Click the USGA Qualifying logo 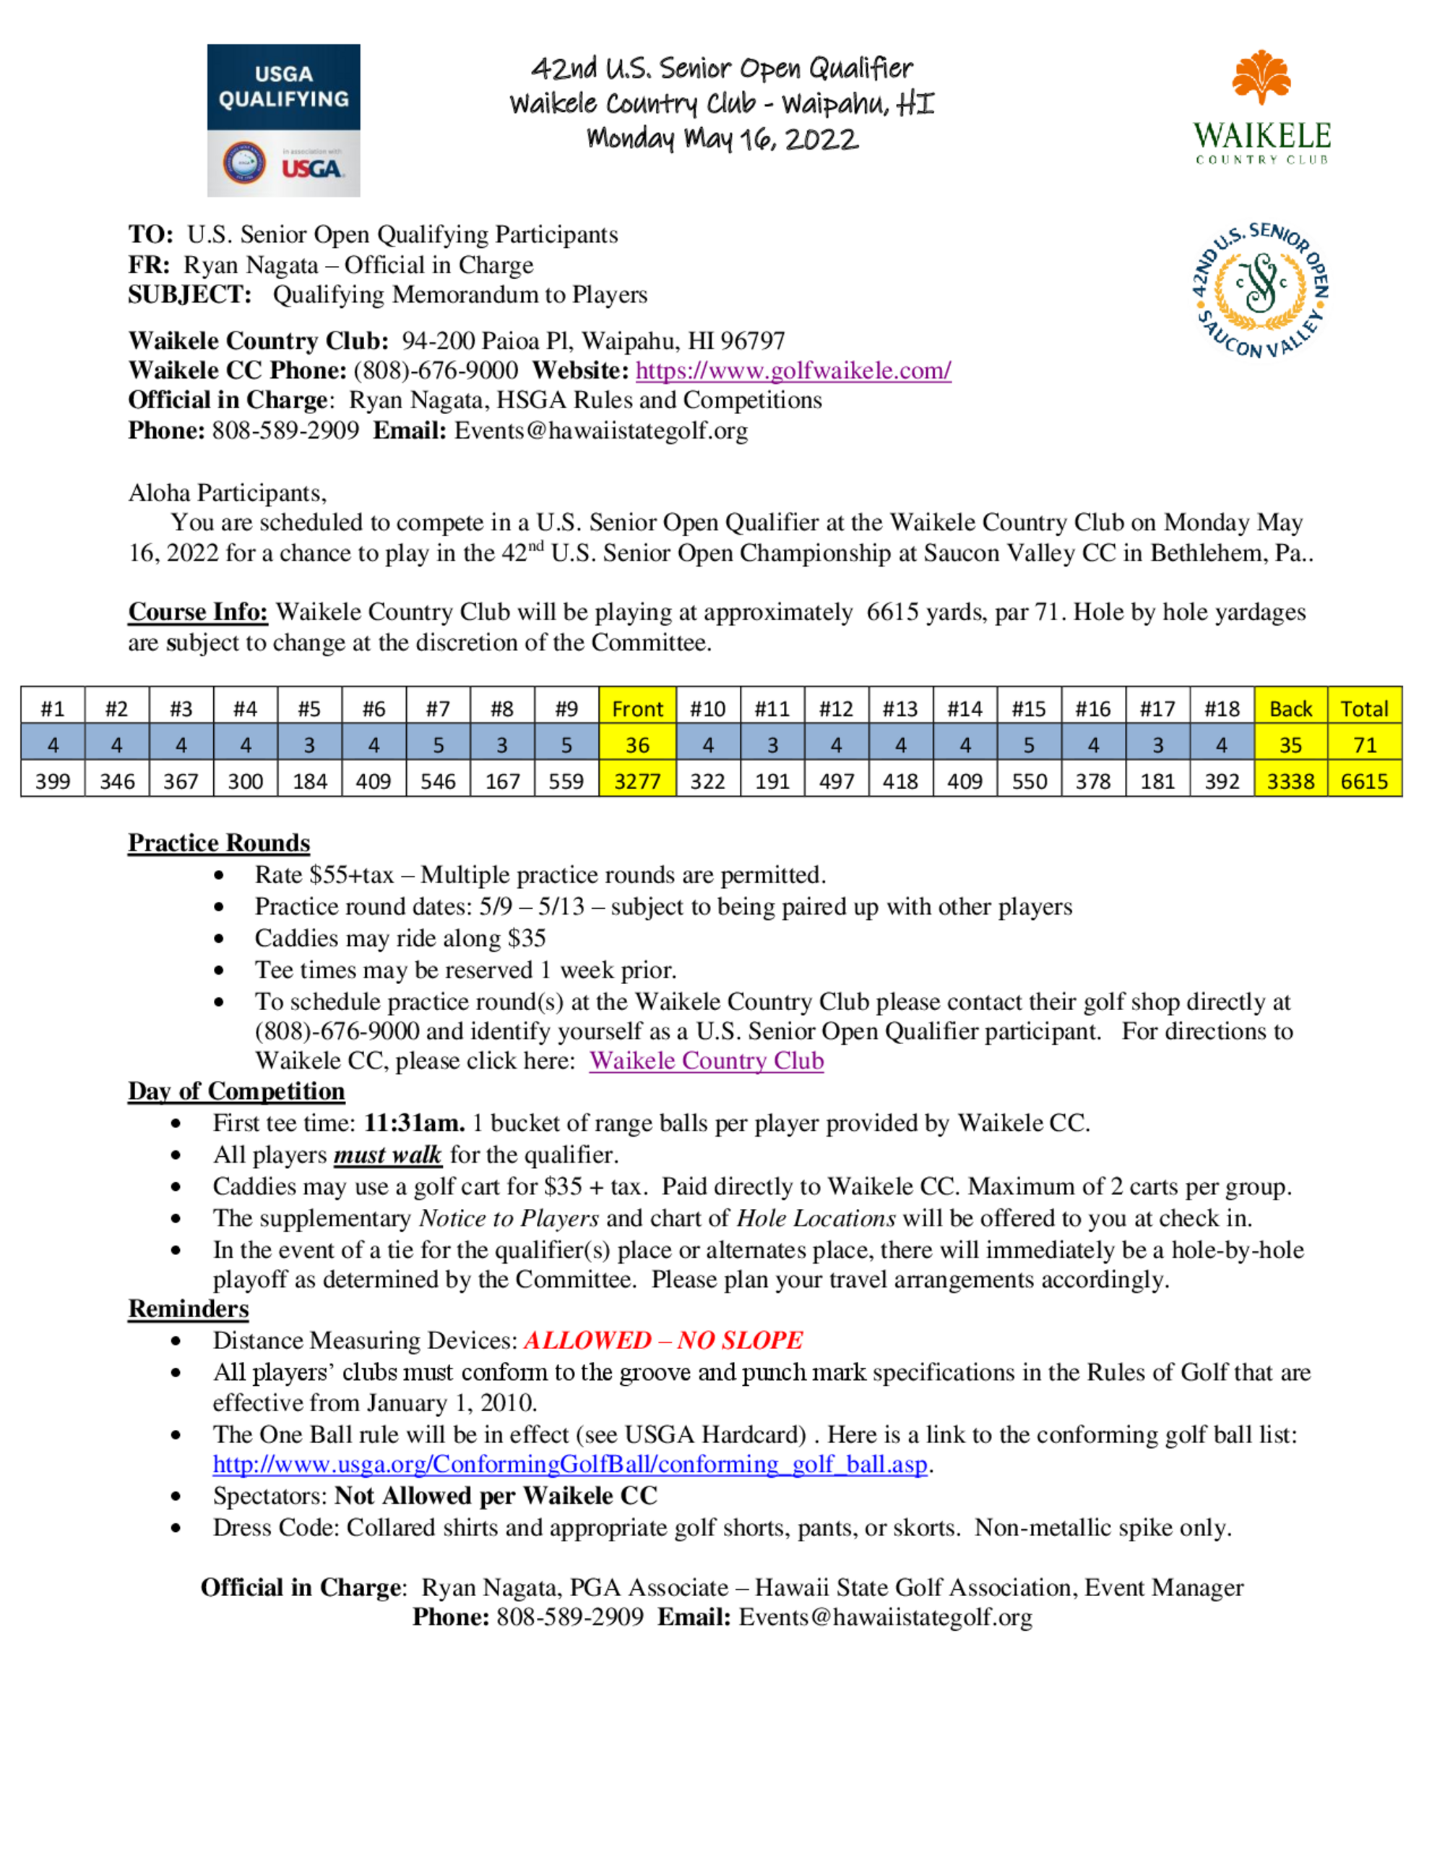(x=283, y=120)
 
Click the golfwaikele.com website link (x=793, y=371)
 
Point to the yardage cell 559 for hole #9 (x=566, y=781)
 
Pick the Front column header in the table (x=637, y=709)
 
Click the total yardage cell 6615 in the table (x=1363, y=781)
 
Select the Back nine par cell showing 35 (x=1290, y=745)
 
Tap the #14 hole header (x=964, y=709)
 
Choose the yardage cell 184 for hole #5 (x=309, y=781)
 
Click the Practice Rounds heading (x=219, y=843)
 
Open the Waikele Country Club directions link (x=706, y=1061)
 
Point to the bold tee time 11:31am (x=414, y=1123)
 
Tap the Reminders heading (x=189, y=1309)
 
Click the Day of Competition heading (x=236, y=1091)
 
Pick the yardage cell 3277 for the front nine (x=637, y=781)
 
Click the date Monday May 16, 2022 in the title (x=722, y=139)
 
